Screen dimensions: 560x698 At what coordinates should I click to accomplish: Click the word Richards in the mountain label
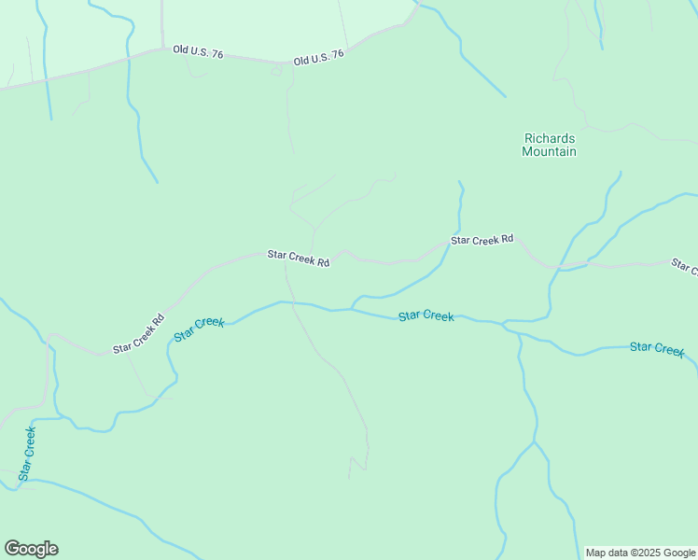click(x=549, y=138)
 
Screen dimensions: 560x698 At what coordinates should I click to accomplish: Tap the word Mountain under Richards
click(x=549, y=151)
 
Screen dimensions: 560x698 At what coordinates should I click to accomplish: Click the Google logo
click(x=31, y=549)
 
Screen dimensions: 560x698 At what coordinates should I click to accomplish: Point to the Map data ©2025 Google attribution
click(x=641, y=553)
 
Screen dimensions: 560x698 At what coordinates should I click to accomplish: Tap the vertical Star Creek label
click(x=26, y=454)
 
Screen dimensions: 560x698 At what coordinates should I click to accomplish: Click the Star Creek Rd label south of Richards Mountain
click(x=482, y=240)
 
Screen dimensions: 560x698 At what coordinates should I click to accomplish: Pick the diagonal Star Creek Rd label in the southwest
click(x=138, y=333)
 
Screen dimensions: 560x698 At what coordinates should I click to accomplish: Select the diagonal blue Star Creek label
click(x=199, y=329)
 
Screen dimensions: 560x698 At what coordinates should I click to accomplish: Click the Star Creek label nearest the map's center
click(x=426, y=315)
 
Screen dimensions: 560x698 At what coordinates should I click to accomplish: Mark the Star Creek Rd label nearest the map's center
click(x=299, y=258)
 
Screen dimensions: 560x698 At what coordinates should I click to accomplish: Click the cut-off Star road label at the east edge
click(x=685, y=267)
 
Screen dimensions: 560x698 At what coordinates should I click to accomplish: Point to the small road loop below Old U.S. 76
click(x=276, y=72)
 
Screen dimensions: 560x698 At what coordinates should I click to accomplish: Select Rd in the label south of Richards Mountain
click(x=507, y=240)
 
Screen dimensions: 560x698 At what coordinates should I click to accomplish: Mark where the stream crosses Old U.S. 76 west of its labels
click(x=128, y=59)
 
